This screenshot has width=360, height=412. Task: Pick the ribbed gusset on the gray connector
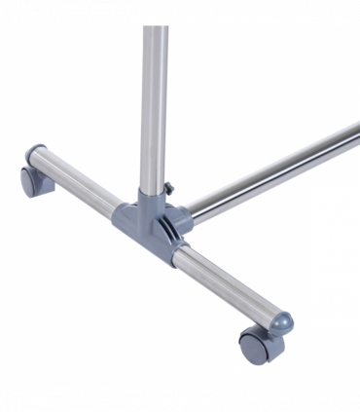pos(165,223)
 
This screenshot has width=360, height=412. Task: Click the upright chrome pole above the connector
pos(153,97)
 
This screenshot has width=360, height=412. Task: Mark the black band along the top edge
pos(180,12)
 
